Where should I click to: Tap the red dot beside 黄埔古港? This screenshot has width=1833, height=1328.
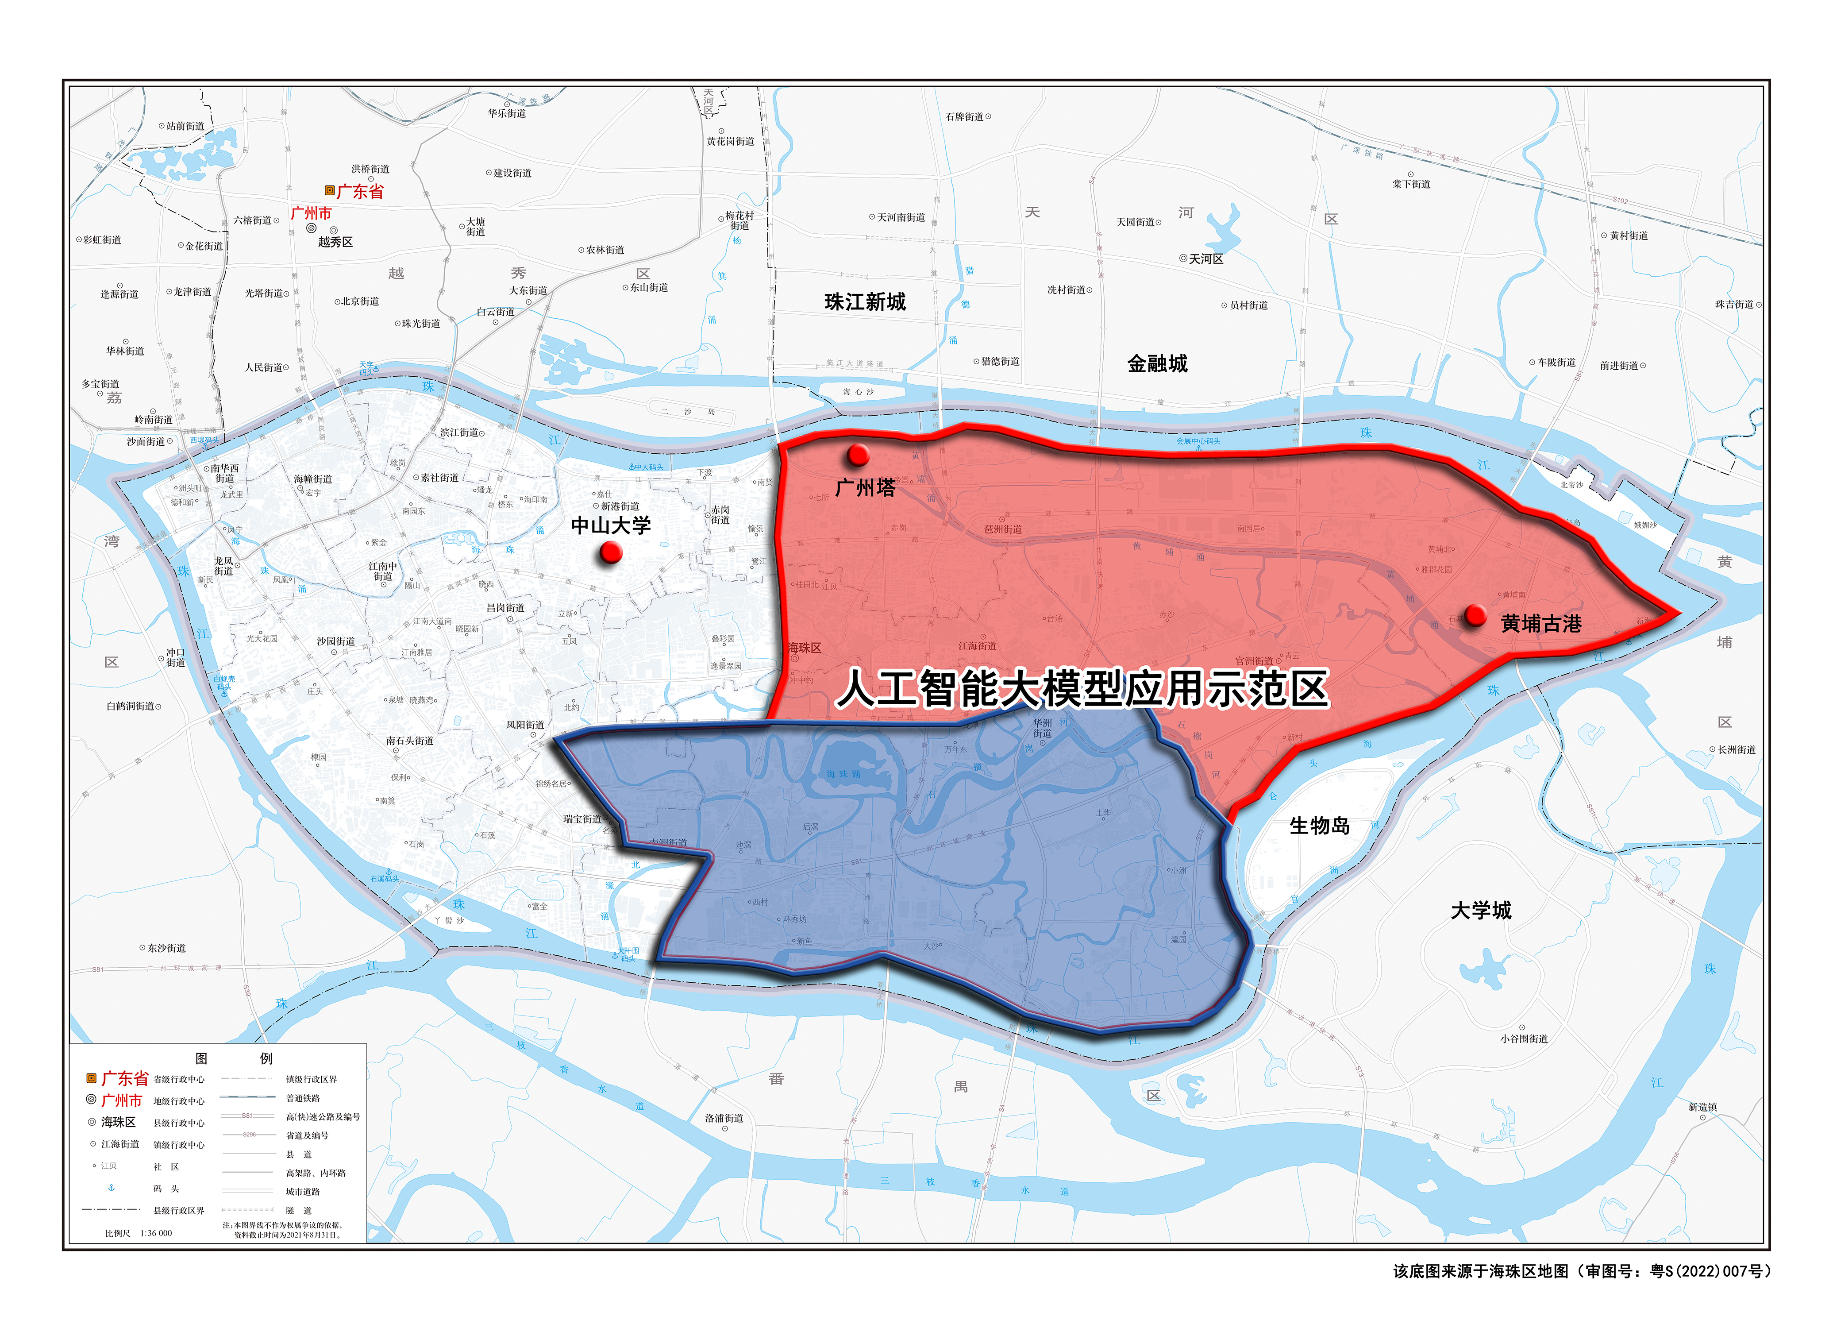tap(1475, 615)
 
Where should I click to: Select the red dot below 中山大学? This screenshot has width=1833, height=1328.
tap(611, 553)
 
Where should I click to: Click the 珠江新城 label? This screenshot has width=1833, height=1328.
tap(865, 302)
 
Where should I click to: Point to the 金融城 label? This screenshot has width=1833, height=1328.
tap(1157, 364)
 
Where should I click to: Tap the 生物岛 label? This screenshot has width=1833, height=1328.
tap(1319, 825)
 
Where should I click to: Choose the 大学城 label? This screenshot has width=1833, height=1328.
tap(1481, 911)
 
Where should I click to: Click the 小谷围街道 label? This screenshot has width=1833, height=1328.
tap(1524, 1038)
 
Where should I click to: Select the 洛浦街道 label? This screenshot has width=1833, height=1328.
tap(724, 1118)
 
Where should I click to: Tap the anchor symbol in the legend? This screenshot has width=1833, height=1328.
tap(112, 1187)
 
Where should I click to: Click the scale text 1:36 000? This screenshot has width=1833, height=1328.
tap(156, 1233)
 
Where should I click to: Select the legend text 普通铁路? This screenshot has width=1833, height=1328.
tap(303, 1098)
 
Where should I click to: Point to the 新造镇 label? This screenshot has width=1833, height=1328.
tap(1702, 1107)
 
